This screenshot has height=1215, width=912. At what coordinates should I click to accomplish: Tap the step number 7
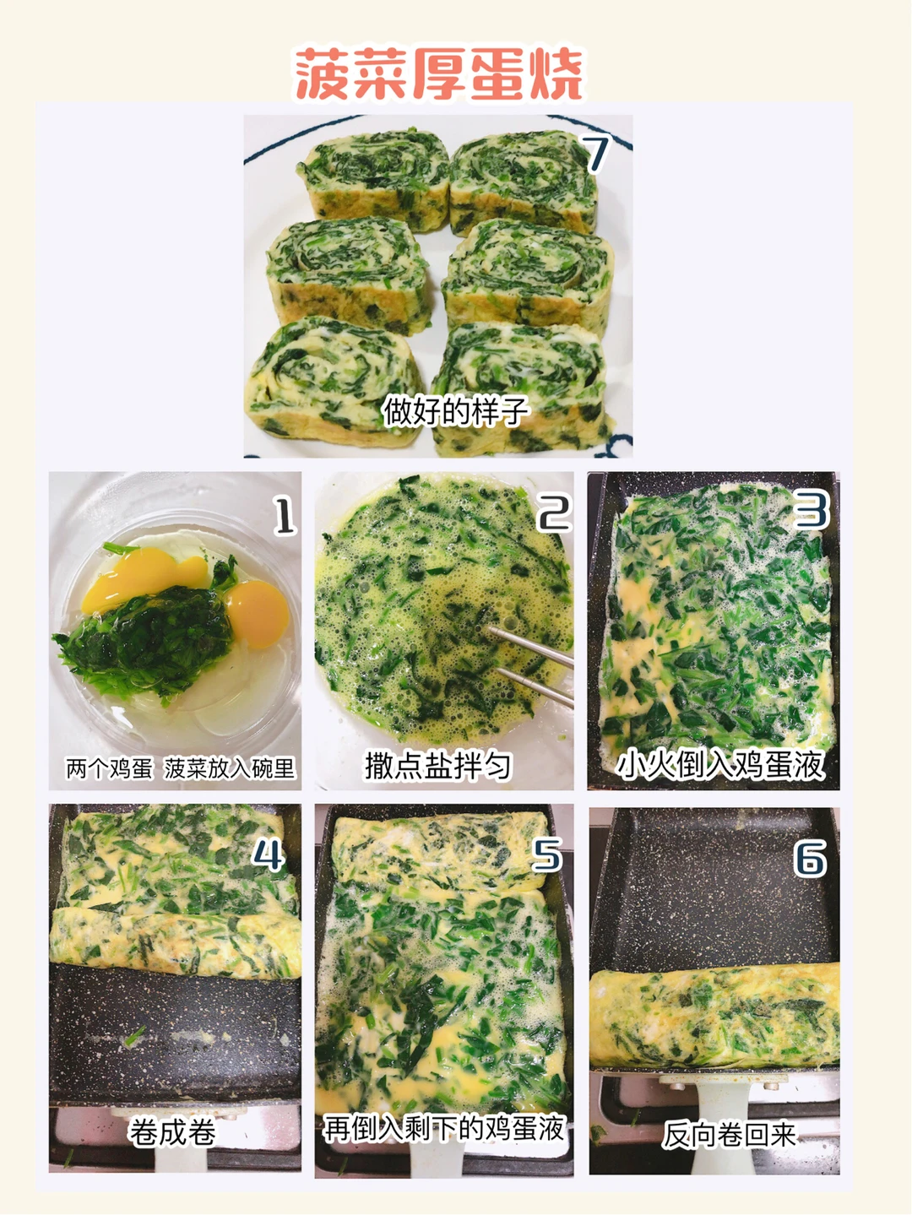point(595,155)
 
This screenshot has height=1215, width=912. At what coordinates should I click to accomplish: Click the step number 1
point(285,515)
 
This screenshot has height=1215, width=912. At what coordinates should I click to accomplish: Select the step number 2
point(555,513)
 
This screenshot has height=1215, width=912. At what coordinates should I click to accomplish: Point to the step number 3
point(812,509)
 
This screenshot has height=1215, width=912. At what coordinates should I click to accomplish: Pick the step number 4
point(269,854)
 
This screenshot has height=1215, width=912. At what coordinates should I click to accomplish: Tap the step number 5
point(546,854)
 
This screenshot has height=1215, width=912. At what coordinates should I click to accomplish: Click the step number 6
point(810,857)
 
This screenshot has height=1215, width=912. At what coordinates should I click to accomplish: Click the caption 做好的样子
point(456,410)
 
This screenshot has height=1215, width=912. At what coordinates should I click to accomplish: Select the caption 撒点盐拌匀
point(437,766)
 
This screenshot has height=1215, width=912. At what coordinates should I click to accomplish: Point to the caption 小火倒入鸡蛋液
point(720,765)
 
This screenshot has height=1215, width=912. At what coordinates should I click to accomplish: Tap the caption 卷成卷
point(172,1131)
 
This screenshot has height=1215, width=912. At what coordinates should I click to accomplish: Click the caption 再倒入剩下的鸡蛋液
point(444,1128)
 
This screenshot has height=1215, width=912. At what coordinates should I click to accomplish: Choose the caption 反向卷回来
point(730,1134)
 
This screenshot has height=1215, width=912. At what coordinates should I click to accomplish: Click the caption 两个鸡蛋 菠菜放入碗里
point(181,768)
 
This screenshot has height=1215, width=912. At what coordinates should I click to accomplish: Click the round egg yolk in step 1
point(258,614)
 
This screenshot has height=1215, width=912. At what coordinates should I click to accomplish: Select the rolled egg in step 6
point(714,1018)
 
